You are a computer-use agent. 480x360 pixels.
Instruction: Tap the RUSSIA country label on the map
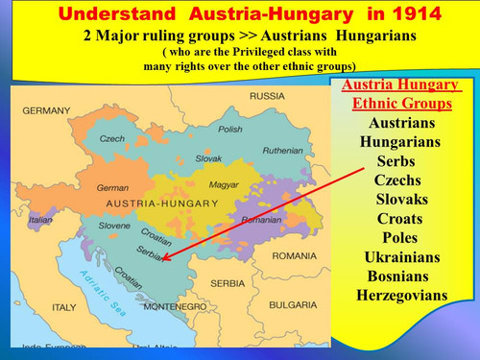click(x=268, y=96)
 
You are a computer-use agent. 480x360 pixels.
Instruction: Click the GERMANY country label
click(x=47, y=111)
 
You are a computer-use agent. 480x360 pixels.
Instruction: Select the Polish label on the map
click(x=230, y=129)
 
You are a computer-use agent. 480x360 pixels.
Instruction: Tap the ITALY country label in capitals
click(x=63, y=307)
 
